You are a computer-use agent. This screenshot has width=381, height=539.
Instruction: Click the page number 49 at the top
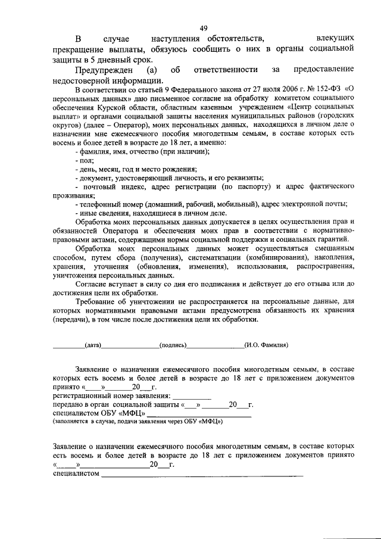coord(203,29)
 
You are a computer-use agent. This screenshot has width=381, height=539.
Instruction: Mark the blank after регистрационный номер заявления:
coord(192,395)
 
